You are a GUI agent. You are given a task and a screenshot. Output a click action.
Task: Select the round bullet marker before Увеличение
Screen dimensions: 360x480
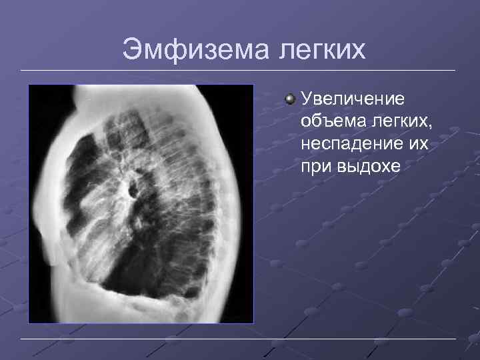289,99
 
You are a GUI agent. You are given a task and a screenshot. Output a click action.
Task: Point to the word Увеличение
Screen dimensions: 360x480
353,99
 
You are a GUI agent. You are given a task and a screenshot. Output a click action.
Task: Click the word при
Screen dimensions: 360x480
315,167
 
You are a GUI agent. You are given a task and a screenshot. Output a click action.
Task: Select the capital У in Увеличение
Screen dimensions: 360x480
307,99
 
